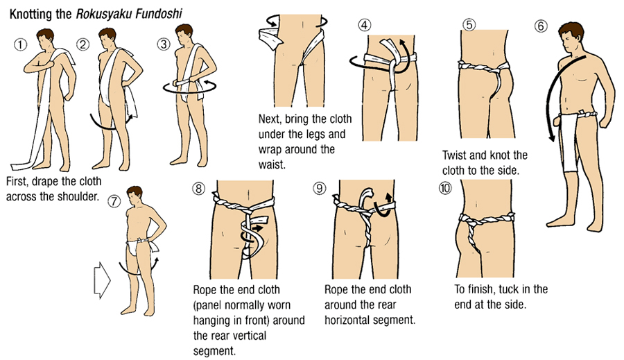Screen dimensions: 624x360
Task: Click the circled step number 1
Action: (21, 44)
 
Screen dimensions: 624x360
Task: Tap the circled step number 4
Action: (365, 25)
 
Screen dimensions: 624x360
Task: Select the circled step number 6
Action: (540, 26)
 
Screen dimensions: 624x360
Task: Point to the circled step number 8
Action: (198, 187)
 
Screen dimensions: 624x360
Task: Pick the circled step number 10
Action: (445, 187)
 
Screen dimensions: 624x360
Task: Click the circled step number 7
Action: (114, 202)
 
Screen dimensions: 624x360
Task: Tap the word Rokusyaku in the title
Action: (104, 14)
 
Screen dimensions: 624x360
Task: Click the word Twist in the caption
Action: (454, 155)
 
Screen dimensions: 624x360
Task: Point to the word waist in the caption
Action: (272, 164)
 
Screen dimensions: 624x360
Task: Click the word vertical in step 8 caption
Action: (248, 336)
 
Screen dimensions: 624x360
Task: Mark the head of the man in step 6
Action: (571, 37)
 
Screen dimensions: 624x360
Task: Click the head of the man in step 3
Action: (184, 35)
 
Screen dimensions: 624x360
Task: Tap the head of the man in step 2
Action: (107, 38)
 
